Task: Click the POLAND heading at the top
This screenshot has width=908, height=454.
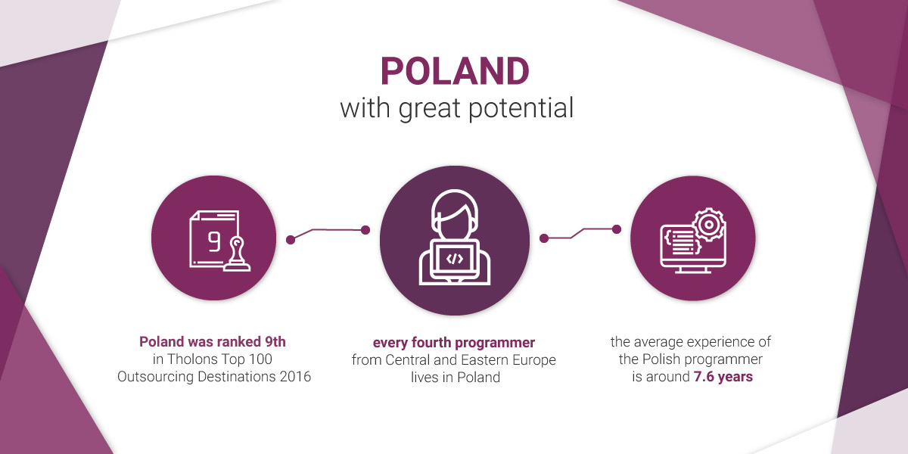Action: tap(455, 71)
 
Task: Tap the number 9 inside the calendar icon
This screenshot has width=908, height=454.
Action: tap(214, 242)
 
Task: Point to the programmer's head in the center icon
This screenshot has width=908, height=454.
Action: tap(455, 215)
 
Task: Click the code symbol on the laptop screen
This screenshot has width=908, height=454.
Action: tap(455, 259)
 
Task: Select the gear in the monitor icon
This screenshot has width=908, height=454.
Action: tap(708, 225)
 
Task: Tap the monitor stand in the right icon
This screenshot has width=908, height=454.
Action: tap(693, 270)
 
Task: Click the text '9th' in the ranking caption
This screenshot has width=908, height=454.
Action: tap(275, 342)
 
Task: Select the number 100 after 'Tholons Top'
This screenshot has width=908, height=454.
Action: tap(260, 359)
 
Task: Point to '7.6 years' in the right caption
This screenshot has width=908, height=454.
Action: tap(723, 377)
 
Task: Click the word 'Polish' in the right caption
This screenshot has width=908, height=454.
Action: tap(661, 359)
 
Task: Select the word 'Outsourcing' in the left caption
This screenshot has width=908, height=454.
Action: tap(156, 377)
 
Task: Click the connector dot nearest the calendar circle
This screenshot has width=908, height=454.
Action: tap(291, 240)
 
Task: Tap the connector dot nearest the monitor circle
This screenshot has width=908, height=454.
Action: tap(617, 229)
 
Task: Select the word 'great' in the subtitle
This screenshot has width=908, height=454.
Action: tap(431, 109)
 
